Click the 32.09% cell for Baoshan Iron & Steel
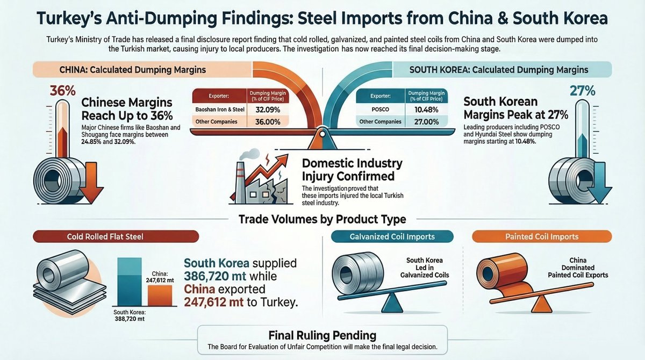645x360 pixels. coord(267,110)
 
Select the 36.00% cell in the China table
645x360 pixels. coord(267,122)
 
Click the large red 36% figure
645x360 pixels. coord(63,91)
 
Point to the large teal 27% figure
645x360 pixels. coord(582,91)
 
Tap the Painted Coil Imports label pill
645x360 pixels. coord(542,236)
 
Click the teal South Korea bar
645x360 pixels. coord(129,281)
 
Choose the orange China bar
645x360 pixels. coord(159,295)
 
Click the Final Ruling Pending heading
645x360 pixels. coord(322,335)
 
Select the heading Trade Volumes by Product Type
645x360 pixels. coord(322,219)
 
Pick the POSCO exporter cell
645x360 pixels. coord(379,110)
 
